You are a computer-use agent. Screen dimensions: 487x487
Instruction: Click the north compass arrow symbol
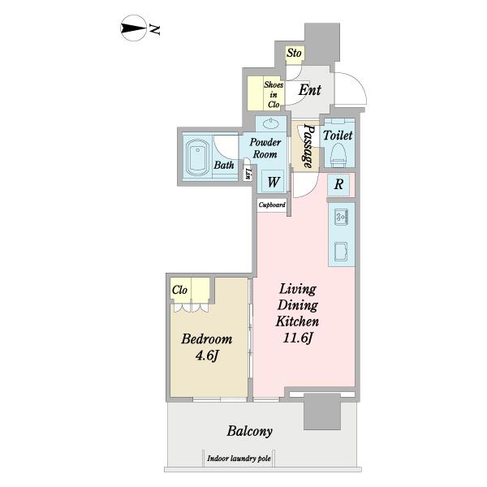tap(133, 28)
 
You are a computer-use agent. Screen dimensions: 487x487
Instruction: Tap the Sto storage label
tap(294, 53)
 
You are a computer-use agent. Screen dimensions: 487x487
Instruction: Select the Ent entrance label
tap(310, 90)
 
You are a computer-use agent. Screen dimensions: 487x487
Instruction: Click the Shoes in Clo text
tap(274, 95)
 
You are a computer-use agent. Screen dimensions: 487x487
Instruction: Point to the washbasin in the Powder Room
tap(271, 124)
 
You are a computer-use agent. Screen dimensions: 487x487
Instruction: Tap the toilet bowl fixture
tap(338, 154)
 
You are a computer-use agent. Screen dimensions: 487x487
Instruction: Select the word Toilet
tap(338, 136)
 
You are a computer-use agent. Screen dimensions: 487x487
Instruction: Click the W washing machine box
tap(273, 181)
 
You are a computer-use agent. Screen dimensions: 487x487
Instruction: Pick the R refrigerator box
tap(338, 184)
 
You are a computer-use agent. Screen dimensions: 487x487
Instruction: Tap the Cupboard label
tap(272, 205)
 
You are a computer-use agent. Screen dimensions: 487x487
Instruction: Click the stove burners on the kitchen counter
tap(342, 216)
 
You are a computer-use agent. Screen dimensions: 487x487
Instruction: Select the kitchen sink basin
tap(341, 252)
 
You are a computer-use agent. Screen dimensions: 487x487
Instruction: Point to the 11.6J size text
tap(298, 338)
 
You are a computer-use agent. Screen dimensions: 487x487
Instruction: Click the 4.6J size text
tap(207, 356)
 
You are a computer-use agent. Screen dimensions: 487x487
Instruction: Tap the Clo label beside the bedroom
tap(179, 290)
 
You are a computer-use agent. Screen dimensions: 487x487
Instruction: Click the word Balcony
tap(250, 431)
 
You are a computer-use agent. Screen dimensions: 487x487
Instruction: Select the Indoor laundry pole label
tap(239, 459)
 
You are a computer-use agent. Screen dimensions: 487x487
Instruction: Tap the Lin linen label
tap(248, 175)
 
